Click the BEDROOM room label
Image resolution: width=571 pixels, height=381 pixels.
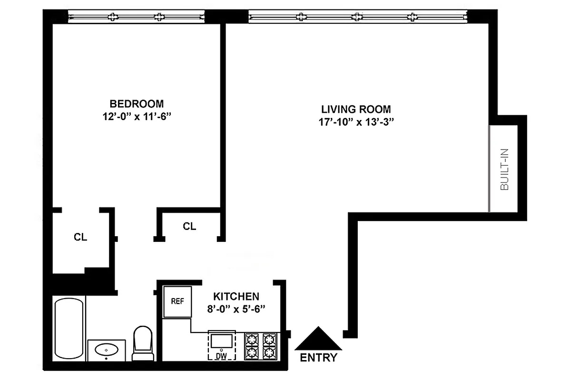point(137,103)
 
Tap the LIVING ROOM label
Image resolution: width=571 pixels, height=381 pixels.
point(356,109)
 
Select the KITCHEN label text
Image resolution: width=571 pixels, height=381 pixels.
point(236,296)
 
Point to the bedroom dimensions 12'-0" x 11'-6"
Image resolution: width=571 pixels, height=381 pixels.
point(137,117)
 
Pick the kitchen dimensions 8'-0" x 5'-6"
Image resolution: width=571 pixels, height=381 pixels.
point(236,308)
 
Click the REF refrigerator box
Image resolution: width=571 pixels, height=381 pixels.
point(177,301)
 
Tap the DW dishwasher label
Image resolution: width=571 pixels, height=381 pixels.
point(220,355)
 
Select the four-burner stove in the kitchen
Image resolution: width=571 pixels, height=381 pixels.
point(261,346)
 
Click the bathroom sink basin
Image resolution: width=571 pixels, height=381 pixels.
point(107,351)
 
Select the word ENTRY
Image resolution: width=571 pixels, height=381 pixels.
point(319,358)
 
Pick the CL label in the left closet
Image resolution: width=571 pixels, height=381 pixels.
point(80,237)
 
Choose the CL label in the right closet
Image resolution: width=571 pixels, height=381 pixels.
point(189,226)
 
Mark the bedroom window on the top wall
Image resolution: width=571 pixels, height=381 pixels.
point(137,17)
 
